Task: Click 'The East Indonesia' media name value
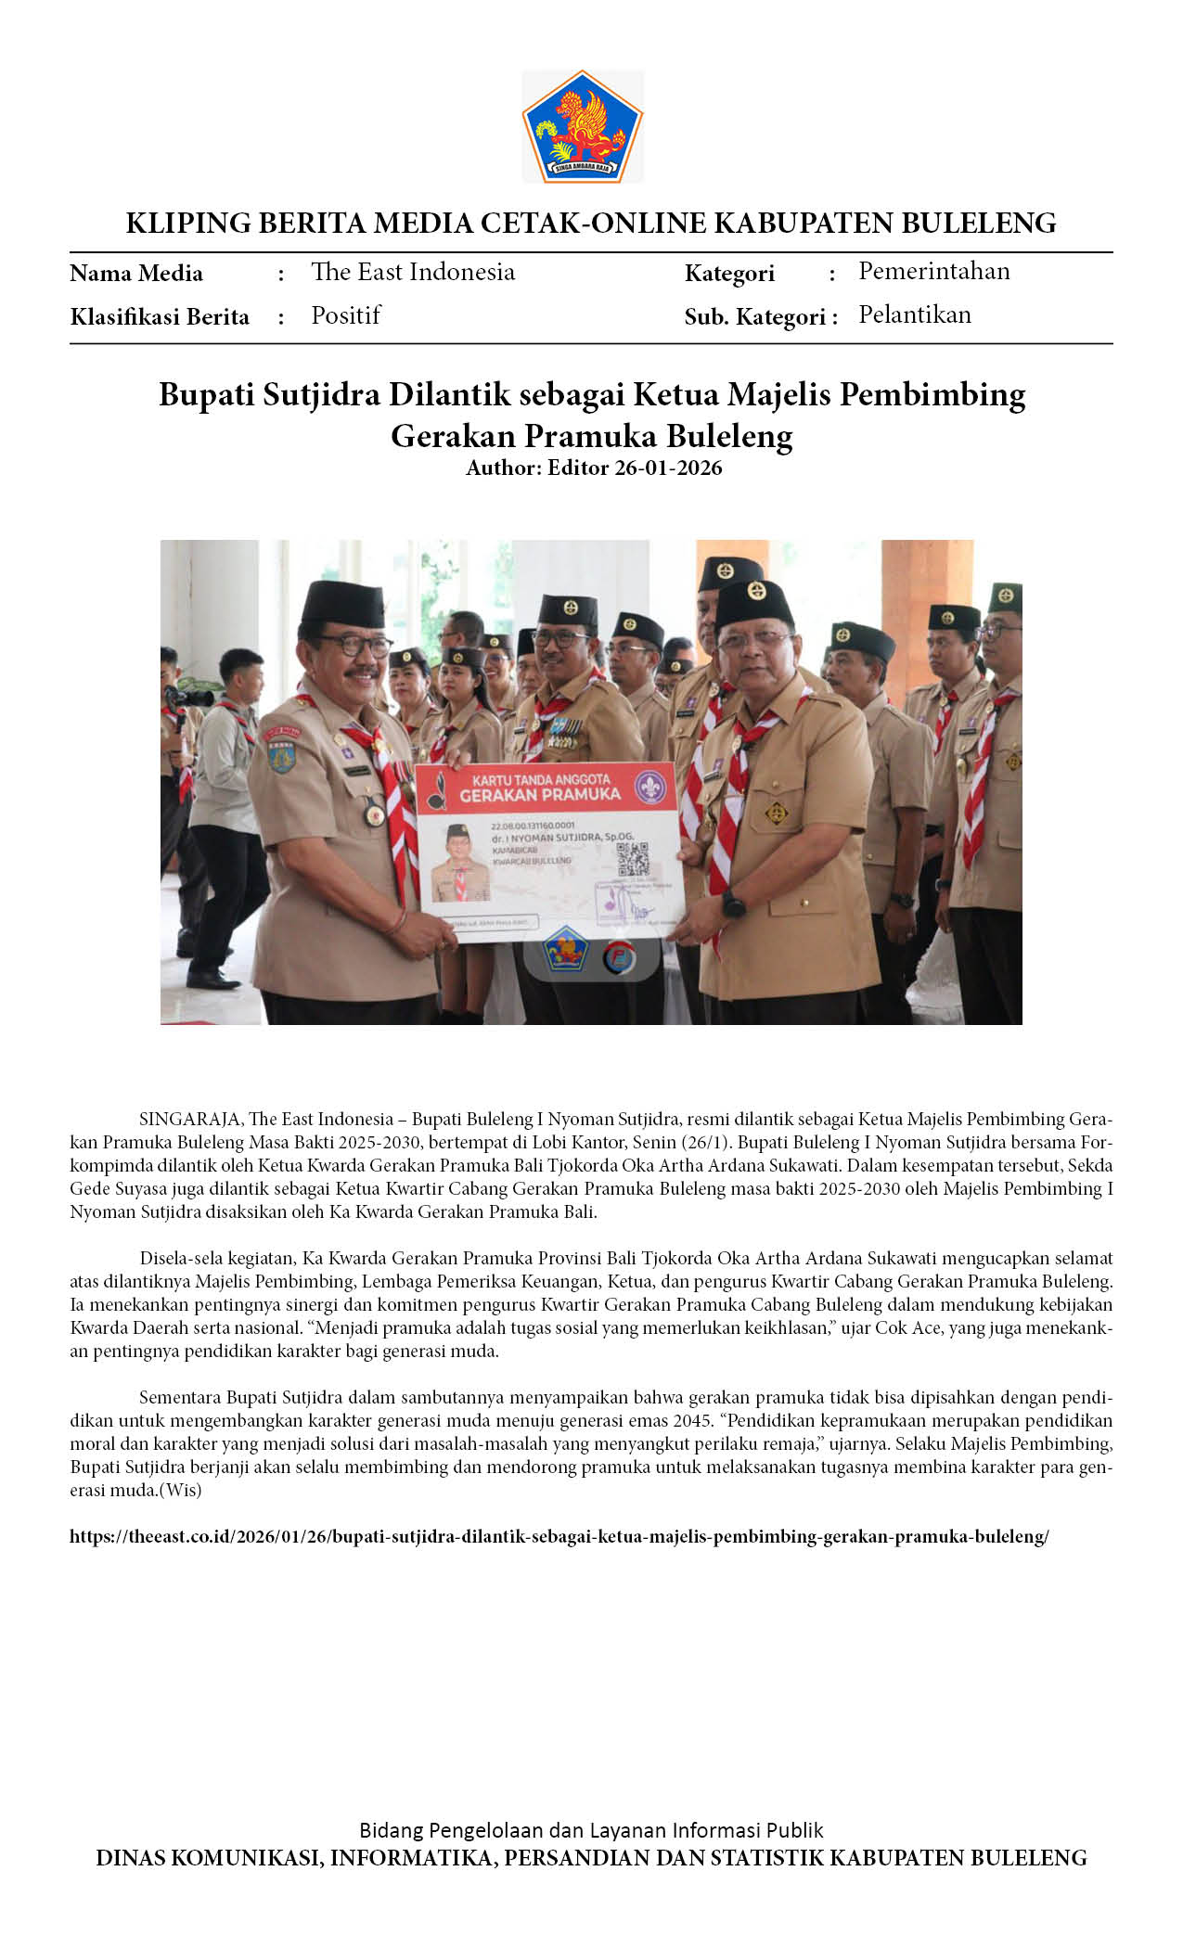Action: click(x=413, y=272)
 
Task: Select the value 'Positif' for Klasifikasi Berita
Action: click(x=346, y=315)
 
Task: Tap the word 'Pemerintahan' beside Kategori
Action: click(x=933, y=271)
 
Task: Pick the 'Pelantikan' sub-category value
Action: click(x=914, y=314)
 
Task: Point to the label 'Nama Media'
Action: click(x=136, y=274)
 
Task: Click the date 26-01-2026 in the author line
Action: click(x=668, y=468)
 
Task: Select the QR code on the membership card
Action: click(x=633, y=858)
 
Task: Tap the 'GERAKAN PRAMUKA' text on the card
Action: click(x=540, y=794)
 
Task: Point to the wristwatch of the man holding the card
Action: click(x=733, y=904)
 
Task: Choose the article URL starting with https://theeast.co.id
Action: click(x=559, y=1536)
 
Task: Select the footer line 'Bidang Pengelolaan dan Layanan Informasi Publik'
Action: click(x=591, y=1830)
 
